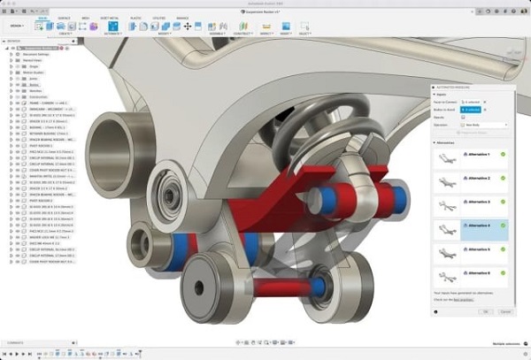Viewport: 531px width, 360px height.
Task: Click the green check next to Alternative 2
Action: click(x=503, y=179)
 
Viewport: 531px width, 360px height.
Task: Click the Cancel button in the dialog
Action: click(x=506, y=311)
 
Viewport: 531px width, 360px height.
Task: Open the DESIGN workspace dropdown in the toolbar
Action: click(x=17, y=26)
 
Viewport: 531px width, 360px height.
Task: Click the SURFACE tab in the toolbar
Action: click(x=65, y=16)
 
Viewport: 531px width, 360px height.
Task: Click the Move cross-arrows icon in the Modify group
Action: click(x=187, y=26)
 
